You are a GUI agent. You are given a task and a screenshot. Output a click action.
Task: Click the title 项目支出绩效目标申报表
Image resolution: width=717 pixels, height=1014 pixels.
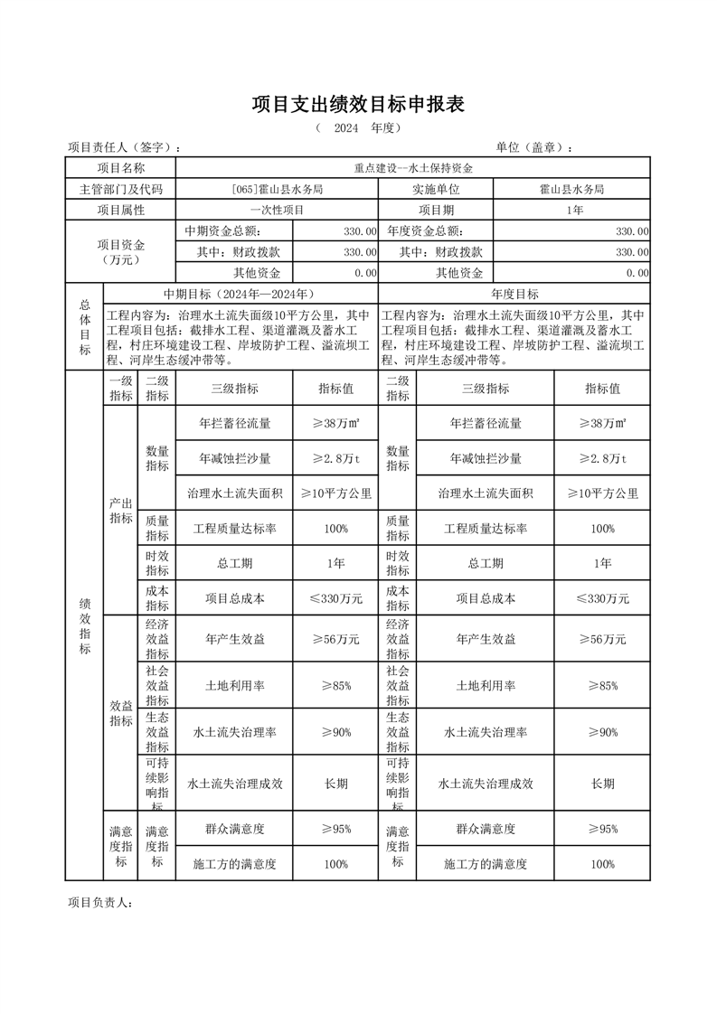[358, 105]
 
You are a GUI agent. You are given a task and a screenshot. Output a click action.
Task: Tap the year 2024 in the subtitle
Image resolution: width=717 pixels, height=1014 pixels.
[346, 128]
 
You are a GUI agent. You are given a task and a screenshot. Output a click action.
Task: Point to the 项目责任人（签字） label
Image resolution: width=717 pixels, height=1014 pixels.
[125, 147]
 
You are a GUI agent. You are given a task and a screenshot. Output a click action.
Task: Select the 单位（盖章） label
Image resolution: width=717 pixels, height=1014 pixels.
[534, 147]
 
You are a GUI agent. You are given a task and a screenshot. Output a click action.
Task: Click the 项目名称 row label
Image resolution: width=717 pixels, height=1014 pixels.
[120, 168]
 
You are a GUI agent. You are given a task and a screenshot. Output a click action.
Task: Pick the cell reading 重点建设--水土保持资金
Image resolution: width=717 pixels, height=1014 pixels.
[413, 168]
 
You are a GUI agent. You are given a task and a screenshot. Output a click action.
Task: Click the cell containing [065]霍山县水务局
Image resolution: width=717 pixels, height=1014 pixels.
[277, 189]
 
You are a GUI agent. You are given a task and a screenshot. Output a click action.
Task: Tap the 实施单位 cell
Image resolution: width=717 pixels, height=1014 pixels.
[436, 189]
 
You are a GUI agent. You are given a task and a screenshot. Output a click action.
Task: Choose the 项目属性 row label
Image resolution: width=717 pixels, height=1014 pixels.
[120, 210]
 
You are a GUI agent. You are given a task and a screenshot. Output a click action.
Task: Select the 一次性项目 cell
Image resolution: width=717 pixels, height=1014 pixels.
[277, 210]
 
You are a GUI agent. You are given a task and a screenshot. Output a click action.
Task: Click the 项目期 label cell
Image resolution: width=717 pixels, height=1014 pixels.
[436, 210]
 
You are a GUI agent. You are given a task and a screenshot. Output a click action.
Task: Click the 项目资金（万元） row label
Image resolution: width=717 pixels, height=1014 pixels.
[120, 252]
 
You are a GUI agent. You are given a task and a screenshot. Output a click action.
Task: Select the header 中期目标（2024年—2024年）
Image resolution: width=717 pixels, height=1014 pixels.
[240, 294]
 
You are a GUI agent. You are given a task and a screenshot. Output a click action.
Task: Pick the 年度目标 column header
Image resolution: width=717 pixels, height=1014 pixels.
[514, 294]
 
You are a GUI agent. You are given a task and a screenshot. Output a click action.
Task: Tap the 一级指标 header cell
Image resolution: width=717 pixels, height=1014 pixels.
[120, 389]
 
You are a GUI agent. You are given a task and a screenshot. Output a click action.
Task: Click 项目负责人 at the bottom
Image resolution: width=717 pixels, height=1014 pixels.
[101, 902]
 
